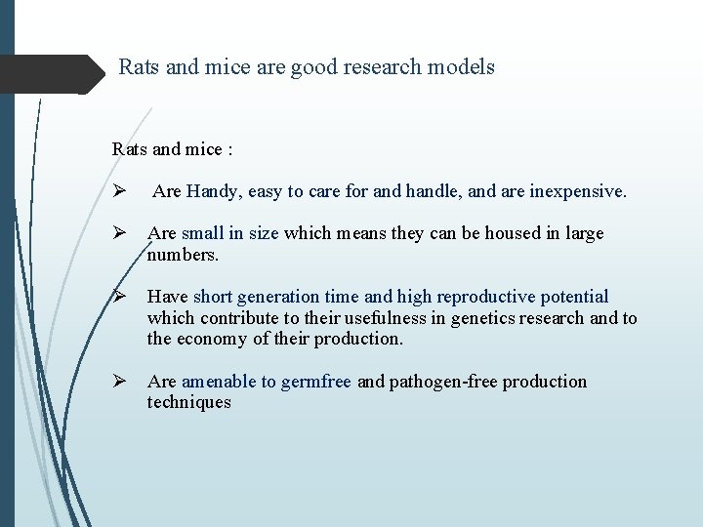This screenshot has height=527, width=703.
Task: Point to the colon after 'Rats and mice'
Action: tap(228, 150)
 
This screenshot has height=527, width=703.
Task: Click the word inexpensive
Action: tap(577, 191)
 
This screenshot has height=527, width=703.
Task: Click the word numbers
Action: tap(184, 256)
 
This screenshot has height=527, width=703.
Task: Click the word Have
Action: tap(168, 297)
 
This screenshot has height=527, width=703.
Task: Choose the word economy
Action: tap(212, 340)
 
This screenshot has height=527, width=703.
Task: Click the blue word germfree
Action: tap(315, 382)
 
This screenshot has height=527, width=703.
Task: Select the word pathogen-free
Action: tap(438, 382)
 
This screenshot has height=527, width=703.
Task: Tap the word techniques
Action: tap(189, 403)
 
